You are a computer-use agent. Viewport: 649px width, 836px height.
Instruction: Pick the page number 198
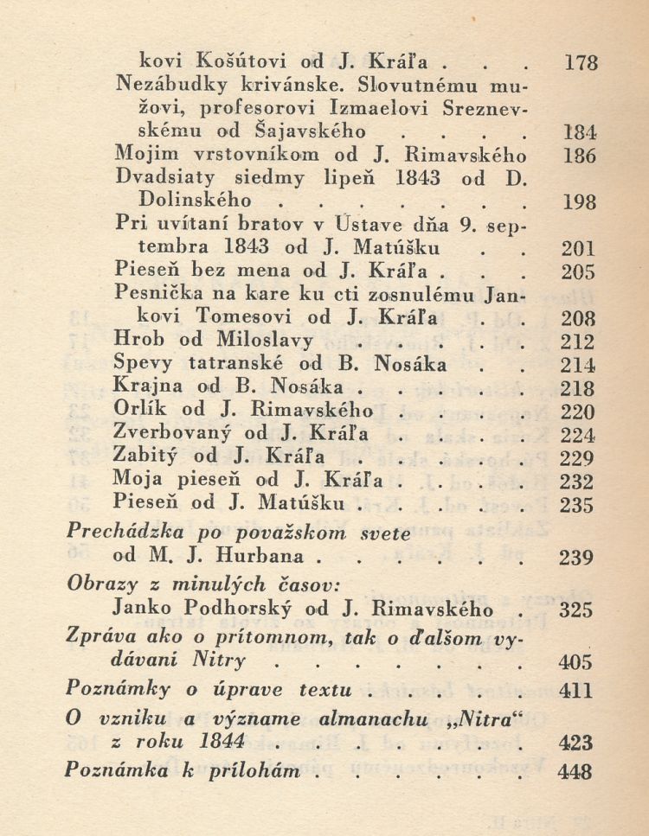(580, 204)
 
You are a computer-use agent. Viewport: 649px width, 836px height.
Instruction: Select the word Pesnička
(157, 294)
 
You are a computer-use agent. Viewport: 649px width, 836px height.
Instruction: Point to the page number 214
(578, 365)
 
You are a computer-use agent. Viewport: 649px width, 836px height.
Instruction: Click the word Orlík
(139, 411)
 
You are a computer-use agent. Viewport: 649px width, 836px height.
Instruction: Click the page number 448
(576, 772)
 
